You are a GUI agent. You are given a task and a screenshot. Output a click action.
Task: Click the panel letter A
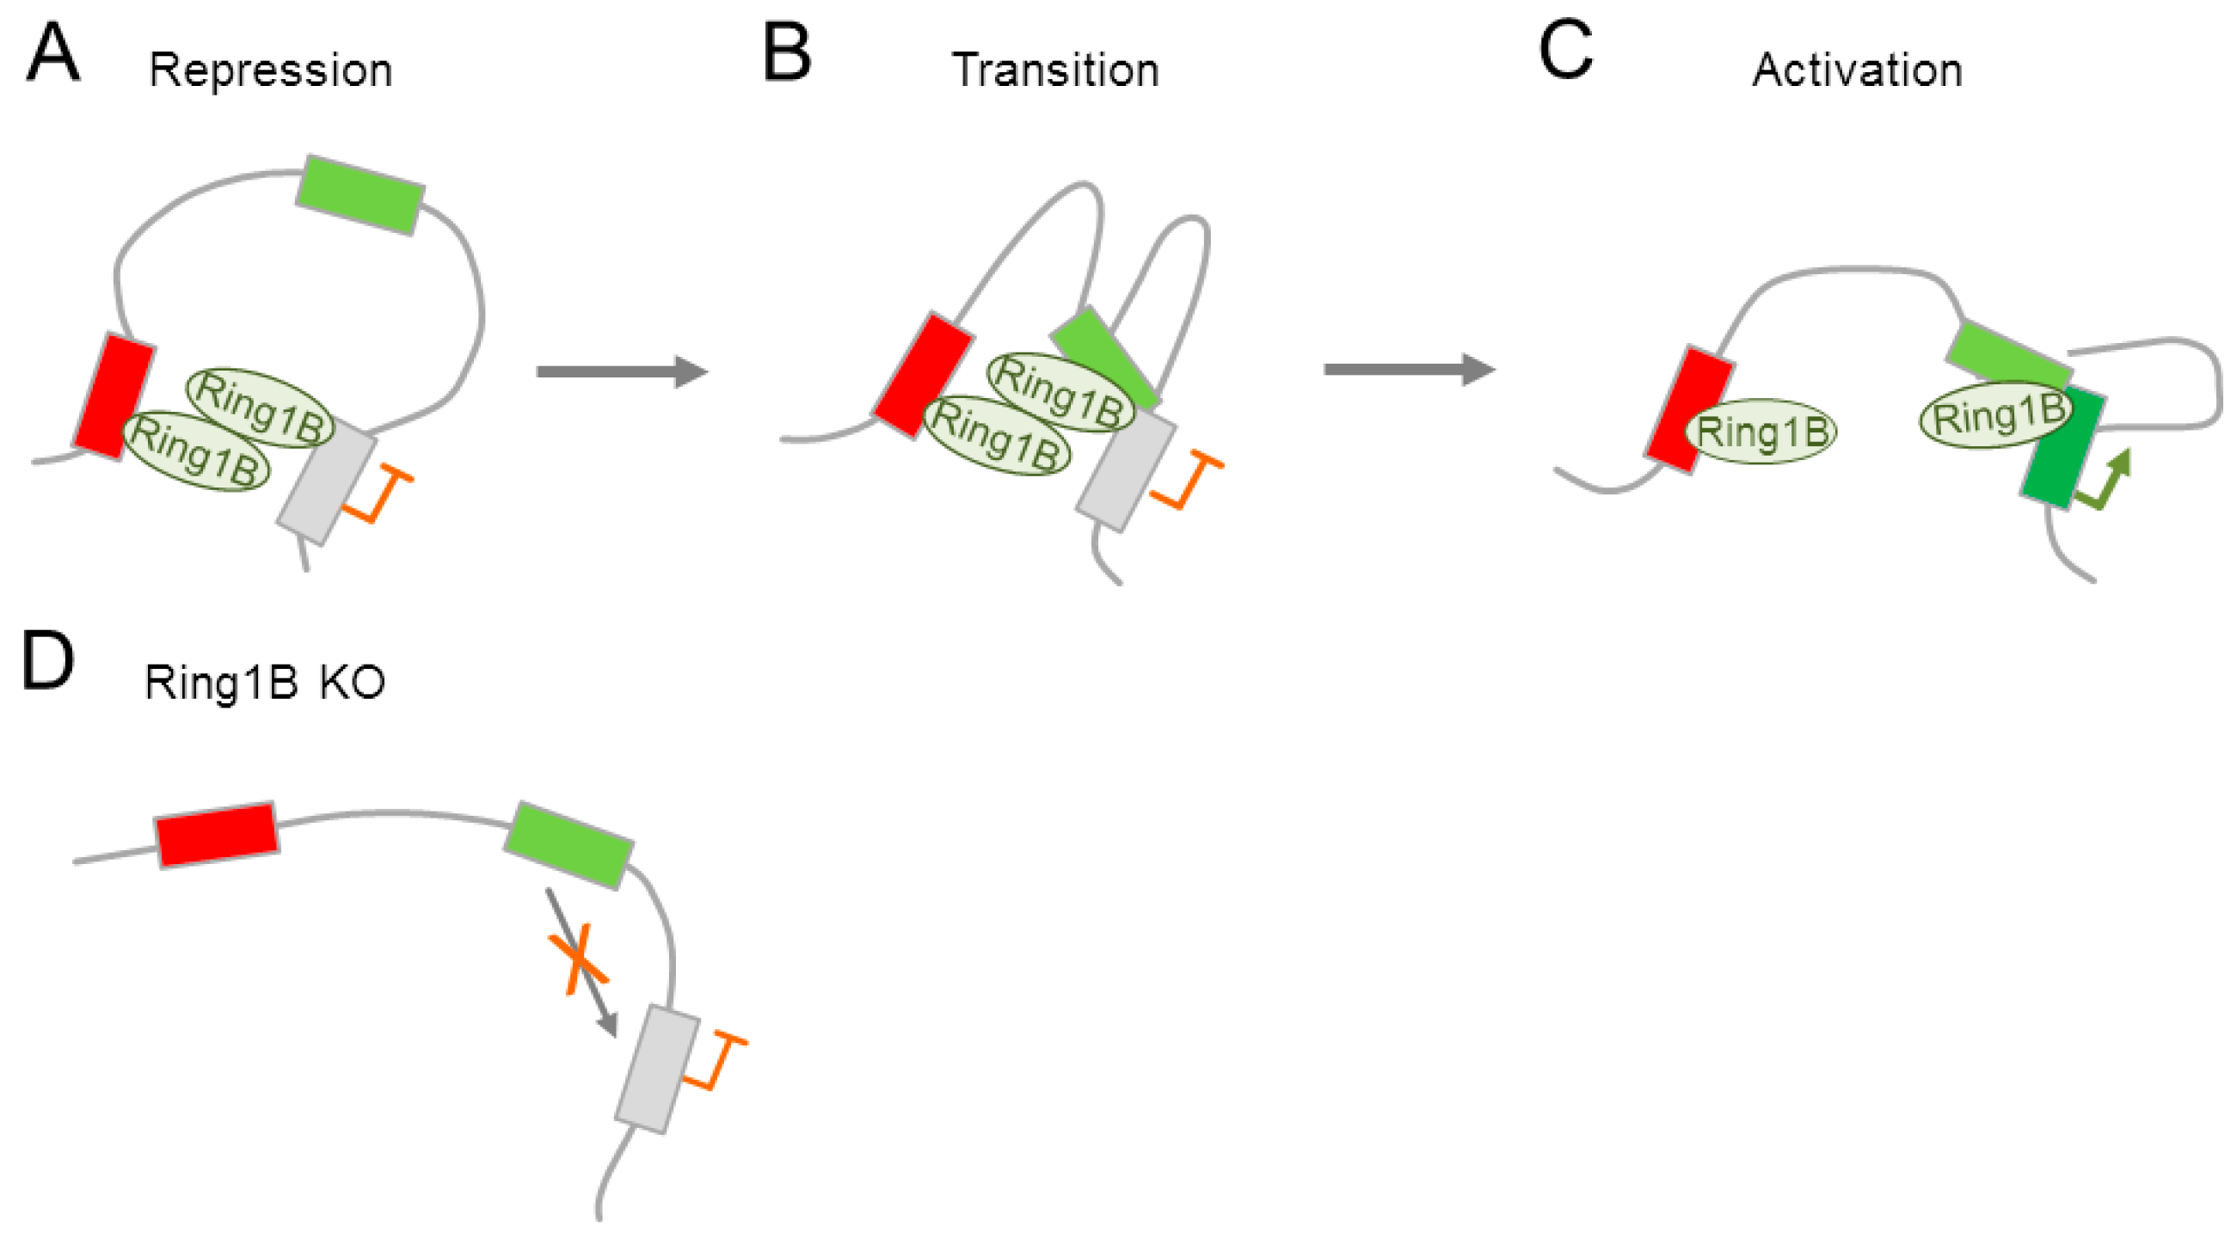pos(53,54)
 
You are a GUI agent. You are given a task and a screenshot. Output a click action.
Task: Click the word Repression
pos(270,71)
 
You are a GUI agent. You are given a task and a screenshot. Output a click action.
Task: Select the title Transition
pos(1055,70)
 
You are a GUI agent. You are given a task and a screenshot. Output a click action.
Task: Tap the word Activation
pos(1857,70)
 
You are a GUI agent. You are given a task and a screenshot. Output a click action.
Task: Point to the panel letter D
pos(47,662)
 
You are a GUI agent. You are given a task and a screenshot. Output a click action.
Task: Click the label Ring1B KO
pos(264,683)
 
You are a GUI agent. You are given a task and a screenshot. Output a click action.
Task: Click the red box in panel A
pos(114,395)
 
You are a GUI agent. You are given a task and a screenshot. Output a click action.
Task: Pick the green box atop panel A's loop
pos(360,194)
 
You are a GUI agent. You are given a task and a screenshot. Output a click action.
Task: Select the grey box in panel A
pos(327,481)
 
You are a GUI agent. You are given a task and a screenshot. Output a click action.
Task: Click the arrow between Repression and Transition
pos(621,371)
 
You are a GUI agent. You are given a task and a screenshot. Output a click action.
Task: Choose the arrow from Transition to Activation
pos(1408,370)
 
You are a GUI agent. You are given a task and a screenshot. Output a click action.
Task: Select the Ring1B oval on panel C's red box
pos(1761,432)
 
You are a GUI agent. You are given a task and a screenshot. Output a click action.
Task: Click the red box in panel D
pos(216,834)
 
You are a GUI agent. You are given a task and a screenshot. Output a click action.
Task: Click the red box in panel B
pos(922,375)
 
